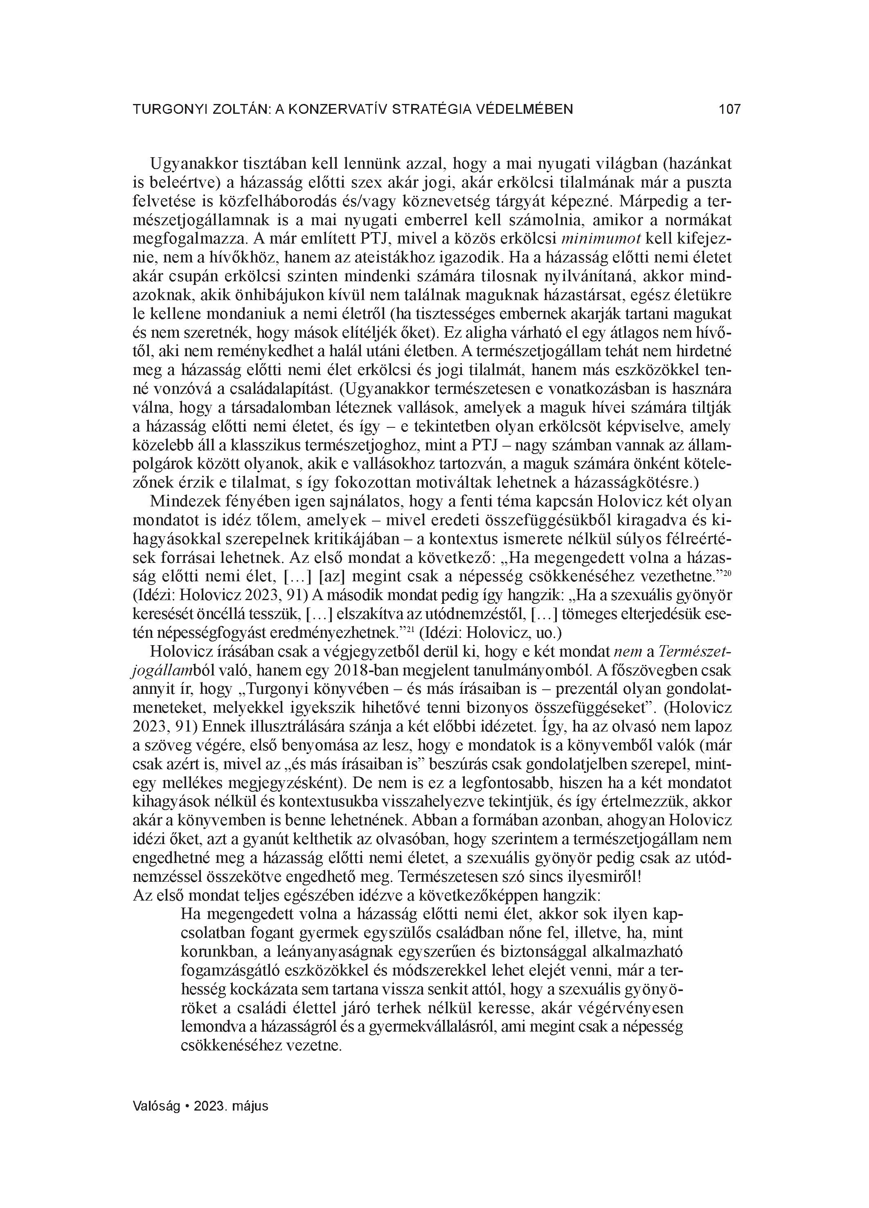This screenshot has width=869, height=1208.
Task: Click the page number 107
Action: tap(729, 110)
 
